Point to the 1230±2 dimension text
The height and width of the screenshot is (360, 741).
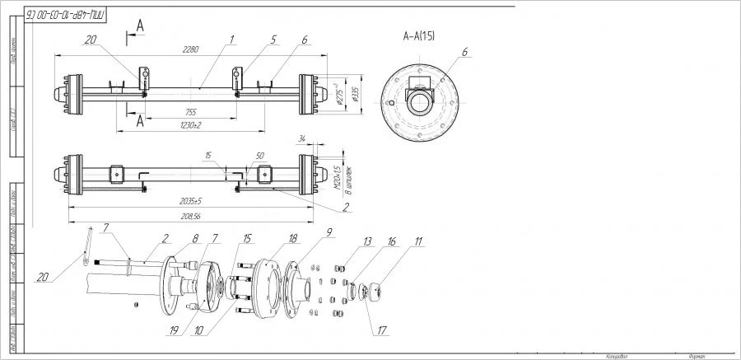click(191, 124)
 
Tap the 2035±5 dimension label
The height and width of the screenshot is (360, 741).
click(189, 201)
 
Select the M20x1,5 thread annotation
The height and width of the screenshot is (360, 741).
click(337, 175)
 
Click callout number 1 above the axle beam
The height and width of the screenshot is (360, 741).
click(233, 38)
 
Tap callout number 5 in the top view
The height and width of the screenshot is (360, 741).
click(273, 38)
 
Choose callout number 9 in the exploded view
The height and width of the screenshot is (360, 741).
click(329, 233)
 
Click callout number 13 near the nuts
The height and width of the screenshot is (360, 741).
click(367, 241)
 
